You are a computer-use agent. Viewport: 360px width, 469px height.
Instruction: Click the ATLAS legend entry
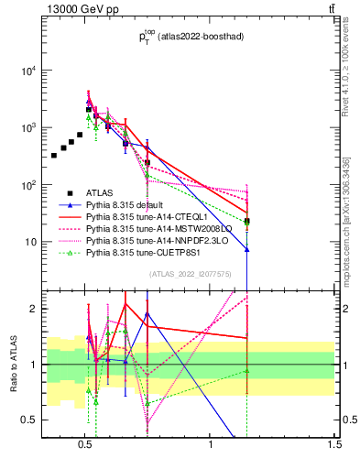tap(99, 191)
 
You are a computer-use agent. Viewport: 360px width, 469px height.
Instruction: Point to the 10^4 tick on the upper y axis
tap(28, 71)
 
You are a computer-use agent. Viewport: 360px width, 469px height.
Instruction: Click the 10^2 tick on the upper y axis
tap(28, 185)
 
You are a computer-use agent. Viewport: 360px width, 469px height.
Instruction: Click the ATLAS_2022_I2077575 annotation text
tap(190, 274)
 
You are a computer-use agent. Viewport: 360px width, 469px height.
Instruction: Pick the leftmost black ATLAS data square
tap(54, 155)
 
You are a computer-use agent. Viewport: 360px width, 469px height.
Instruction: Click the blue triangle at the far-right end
tap(246, 249)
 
